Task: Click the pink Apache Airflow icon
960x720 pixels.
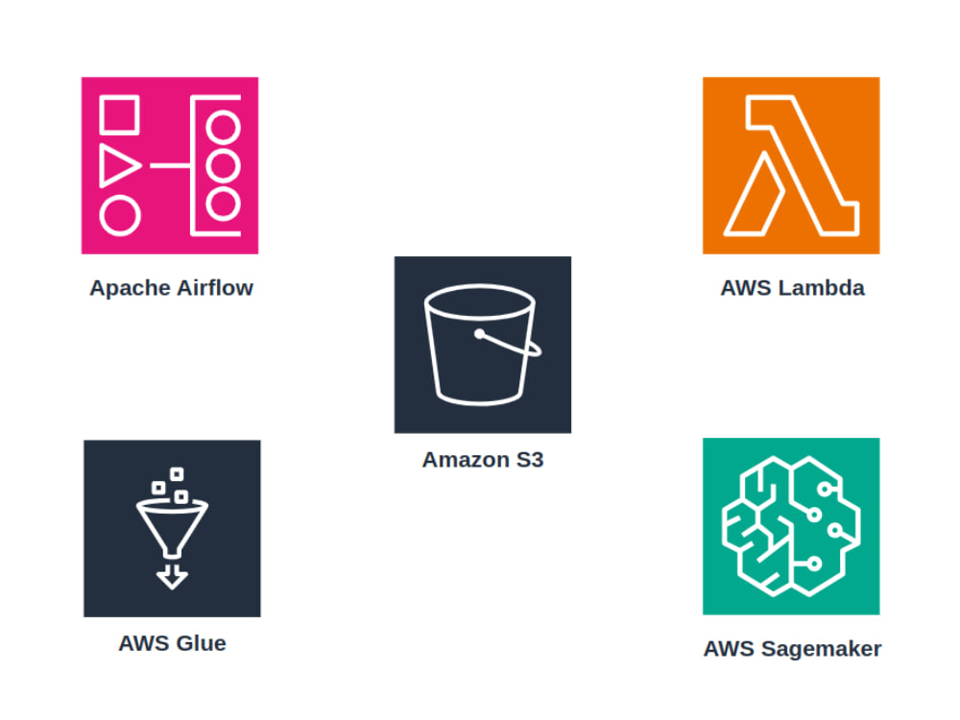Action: pyautogui.click(x=170, y=165)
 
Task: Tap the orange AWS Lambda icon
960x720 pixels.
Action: pyautogui.click(x=791, y=165)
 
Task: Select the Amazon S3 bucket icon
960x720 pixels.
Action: pyautogui.click(x=483, y=345)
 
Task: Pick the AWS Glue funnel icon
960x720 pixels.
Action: pyautogui.click(x=172, y=528)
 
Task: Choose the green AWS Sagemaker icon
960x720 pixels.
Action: pyautogui.click(x=791, y=526)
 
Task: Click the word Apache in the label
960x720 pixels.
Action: pyautogui.click(x=130, y=288)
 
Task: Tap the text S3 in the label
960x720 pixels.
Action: pyautogui.click(x=530, y=459)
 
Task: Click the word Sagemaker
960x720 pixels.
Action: pyautogui.click(x=821, y=649)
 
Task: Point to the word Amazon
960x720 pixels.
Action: pyautogui.click(x=466, y=459)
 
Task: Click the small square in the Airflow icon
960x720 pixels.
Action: pyautogui.click(x=119, y=114)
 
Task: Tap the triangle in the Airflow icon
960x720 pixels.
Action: pyautogui.click(x=118, y=165)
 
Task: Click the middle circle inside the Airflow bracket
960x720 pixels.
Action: pyautogui.click(x=223, y=165)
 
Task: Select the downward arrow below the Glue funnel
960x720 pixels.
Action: pyautogui.click(x=172, y=577)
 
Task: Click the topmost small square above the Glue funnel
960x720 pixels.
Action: pyautogui.click(x=177, y=474)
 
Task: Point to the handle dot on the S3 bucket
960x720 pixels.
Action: pyautogui.click(x=479, y=334)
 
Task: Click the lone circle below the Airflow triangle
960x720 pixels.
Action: pyautogui.click(x=120, y=216)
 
